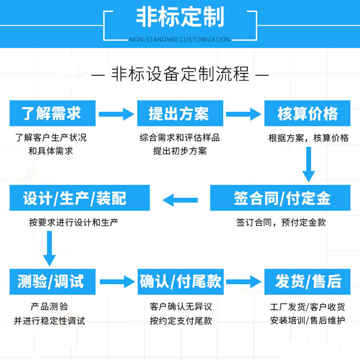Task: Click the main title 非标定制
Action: (180, 17)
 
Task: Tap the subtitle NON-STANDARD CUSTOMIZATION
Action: (180, 39)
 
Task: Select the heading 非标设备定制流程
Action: (180, 74)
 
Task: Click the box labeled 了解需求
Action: (52, 113)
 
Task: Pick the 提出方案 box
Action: (180, 113)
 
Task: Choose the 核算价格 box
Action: (307, 113)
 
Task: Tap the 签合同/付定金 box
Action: (280, 198)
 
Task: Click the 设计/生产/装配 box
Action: (80, 198)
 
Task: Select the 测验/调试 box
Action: (52, 282)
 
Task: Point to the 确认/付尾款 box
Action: (180, 282)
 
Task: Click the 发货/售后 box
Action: (307, 282)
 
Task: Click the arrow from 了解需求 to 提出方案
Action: (117, 114)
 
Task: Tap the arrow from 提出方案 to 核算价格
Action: (243, 114)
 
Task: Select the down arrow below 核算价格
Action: (309, 164)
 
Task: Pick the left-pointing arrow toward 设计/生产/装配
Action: (180, 200)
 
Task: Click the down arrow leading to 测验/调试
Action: (49, 249)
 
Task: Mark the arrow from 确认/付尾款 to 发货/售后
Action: (243, 282)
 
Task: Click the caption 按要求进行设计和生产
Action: (73, 222)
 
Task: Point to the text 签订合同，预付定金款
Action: (281, 222)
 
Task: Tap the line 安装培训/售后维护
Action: (307, 321)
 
